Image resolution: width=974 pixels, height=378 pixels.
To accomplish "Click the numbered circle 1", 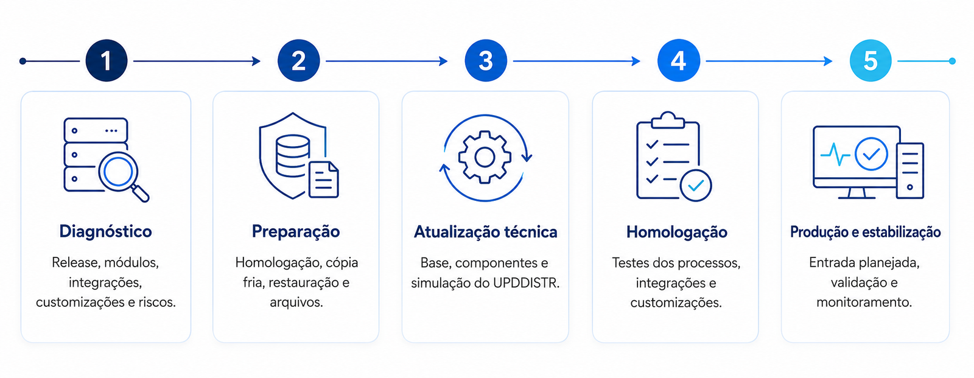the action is tap(107, 61).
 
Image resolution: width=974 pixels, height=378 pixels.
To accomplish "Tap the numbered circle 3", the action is tap(486, 61).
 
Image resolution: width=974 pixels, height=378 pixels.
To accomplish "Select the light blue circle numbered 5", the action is tap(871, 61).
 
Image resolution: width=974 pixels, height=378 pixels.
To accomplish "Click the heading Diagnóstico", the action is tap(106, 231).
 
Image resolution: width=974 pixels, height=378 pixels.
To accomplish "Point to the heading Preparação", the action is tap(296, 231).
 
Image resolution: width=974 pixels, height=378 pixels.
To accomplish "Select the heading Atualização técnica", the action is tap(485, 232).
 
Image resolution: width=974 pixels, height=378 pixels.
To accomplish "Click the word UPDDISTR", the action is tap(526, 283).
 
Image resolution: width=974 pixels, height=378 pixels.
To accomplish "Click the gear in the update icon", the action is tap(485, 157).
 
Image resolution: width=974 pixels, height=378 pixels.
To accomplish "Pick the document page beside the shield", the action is tap(324, 179).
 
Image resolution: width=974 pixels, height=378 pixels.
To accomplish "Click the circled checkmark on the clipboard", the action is tap(696, 185).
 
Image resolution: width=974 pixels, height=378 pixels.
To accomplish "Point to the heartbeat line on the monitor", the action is tap(835, 155).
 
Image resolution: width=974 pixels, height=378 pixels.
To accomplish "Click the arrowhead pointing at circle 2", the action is tap(256, 61).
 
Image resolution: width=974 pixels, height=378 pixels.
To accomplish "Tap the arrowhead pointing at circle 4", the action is tap(636, 61).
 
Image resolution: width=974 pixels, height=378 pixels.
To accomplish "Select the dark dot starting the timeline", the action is tap(23, 61).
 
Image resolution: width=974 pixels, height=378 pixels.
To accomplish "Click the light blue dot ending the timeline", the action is tap(952, 61).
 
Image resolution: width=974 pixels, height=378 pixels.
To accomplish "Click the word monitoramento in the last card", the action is tap(864, 303).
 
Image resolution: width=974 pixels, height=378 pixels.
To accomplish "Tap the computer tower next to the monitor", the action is tap(910, 170).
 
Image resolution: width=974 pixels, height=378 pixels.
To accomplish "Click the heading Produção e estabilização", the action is tap(865, 232).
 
